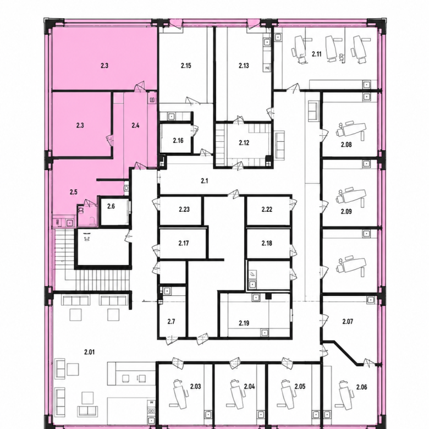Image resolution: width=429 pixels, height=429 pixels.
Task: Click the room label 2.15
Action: pos(186,65)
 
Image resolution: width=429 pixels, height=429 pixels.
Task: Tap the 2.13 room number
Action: pos(244,65)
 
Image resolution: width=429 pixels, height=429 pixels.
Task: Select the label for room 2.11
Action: pos(317,54)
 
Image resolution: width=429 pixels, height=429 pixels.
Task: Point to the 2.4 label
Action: pos(135,125)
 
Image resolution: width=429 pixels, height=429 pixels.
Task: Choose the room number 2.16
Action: pos(178,141)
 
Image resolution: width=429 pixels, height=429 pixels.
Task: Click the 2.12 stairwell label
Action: pos(244,143)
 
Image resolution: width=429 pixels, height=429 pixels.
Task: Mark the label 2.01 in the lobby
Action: pos(90,352)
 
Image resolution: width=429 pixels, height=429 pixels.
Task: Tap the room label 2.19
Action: pos(244,323)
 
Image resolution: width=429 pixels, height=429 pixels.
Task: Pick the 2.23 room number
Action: pos(184,210)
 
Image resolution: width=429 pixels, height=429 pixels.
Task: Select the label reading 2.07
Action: pos(348,322)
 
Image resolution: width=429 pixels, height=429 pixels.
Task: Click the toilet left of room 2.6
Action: pos(81,210)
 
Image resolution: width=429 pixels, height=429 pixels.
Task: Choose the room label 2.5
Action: pos(73,192)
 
